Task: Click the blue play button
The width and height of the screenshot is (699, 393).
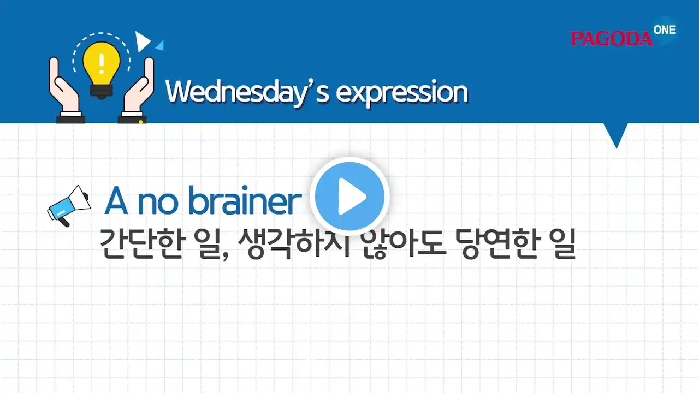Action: [349, 196]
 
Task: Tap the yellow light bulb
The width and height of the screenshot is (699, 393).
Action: [101, 70]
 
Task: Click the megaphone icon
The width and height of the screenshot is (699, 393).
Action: [69, 206]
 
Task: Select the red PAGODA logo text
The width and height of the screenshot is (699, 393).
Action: [611, 39]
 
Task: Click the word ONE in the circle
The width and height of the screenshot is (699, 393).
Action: [665, 30]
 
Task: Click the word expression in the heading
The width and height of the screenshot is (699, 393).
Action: [402, 93]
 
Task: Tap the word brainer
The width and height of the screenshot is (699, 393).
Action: [245, 200]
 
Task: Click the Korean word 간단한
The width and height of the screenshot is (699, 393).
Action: [141, 243]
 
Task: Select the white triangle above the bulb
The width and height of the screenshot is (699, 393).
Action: [142, 41]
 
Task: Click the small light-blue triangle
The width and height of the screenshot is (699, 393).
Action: [160, 45]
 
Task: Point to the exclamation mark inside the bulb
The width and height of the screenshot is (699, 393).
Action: [101, 64]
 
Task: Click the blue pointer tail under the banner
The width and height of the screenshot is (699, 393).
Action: [616, 134]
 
